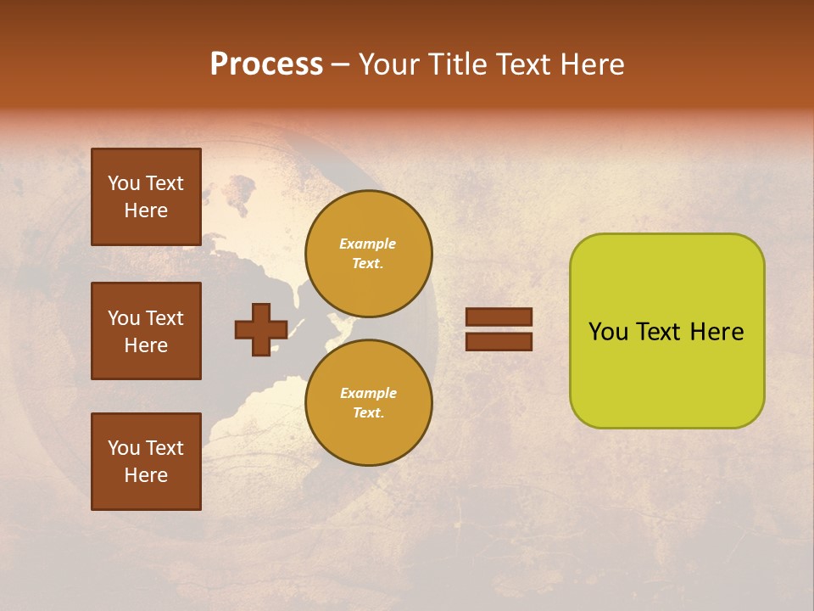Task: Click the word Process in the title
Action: [x=266, y=64]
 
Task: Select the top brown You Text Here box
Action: [x=146, y=197]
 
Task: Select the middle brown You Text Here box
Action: [x=146, y=331]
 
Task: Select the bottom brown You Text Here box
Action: [x=146, y=462]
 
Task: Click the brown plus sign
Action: [x=261, y=329]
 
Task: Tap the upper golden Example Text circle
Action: [x=369, y=254]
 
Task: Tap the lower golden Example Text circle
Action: [x=369, y=403]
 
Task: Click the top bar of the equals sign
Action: [x=499, y=317]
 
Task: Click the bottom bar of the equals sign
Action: [x=499, y=341]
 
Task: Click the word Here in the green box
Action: [x=716, y=332]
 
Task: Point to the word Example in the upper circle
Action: [x=367, y=244]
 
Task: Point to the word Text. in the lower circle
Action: [x=368, y=413]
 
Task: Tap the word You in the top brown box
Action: [x=124, y=183]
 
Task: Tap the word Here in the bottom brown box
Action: [x=146, y=475]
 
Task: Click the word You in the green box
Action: [x=608, y=332]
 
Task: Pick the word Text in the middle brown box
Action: [x=164, y=318]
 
